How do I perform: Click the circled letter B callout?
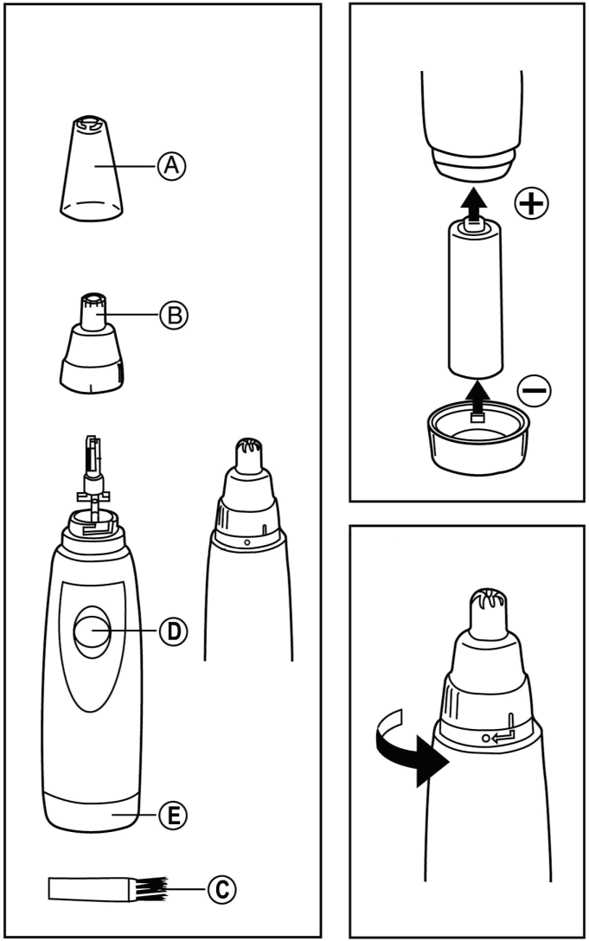(171, 316)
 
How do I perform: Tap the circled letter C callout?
(220, 887)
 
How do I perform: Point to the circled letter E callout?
(171, 813)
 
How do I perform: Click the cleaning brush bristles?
(149, 887)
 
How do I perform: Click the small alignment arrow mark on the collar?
(503, 733)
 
